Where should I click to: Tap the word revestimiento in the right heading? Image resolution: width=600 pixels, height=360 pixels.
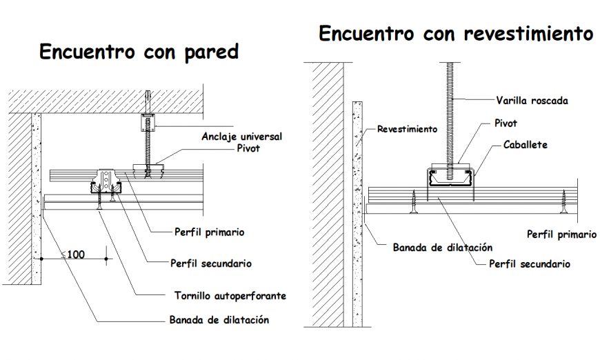(528, 33)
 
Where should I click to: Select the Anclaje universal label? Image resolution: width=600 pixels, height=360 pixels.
(241, 137)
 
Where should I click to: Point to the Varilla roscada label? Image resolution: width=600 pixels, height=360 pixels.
(532, 101)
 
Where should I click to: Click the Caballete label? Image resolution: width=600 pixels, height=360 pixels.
(525, 145)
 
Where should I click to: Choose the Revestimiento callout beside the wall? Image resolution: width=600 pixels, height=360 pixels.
(407, 129)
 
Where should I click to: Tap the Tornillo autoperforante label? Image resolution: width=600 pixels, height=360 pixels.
(230, 296)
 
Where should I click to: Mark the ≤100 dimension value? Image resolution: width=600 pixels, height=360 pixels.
(73, 254)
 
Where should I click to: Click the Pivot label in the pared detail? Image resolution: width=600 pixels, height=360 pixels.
(248, 148)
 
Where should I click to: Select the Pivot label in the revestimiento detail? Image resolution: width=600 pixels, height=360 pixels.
(506, 123)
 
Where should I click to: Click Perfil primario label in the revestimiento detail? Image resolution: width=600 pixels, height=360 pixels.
(561, 234)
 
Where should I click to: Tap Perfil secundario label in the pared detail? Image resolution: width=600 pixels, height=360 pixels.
(211, 263)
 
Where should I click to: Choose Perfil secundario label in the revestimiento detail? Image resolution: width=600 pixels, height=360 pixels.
(529, 263)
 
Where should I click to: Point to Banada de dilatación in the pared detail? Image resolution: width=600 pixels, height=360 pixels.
(219, 320)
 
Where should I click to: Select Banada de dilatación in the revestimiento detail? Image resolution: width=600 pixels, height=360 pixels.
(442, 247)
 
